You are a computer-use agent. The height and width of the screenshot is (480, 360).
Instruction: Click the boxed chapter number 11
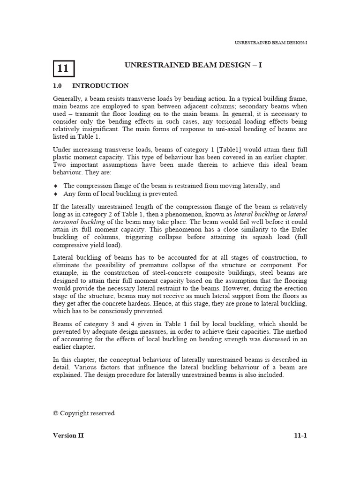pyautogui.click(x=63, y=68)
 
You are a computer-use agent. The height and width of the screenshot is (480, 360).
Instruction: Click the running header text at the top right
pyautogui.click(x=270, y=43)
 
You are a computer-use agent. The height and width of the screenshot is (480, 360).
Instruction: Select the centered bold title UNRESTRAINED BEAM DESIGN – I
pyautogui.click(x=193, y=65)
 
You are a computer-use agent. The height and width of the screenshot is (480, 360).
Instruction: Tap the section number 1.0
pyautogui.click(x=57, y=86)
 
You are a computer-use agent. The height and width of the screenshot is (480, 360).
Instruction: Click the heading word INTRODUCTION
pyautogui.click(x=100, y=86)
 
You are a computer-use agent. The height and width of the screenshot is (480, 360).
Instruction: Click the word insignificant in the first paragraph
pyautogui.click(x=102, y=129)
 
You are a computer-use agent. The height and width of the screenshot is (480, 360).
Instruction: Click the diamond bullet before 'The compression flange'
pyautogui.click(x=55, y=186)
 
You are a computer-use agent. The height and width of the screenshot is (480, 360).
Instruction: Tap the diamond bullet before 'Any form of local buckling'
pyautogui.click(x=55, y=194)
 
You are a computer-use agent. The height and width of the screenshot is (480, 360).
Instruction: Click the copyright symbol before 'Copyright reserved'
pyautogui.click(x=56, y=413)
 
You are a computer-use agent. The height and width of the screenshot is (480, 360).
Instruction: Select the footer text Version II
pyautogui.click(x=68, y=435)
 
